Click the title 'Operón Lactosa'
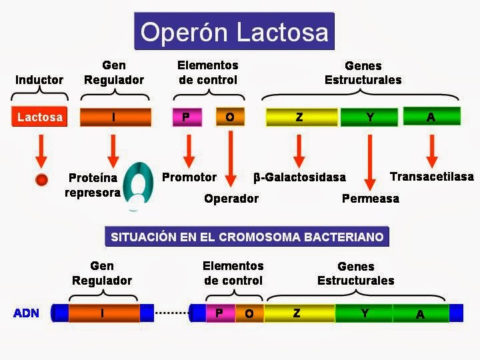235,31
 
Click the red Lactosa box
40,117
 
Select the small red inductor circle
41,179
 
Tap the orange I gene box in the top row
115,117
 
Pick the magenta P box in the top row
186,117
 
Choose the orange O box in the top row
229,117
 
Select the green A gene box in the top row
431,117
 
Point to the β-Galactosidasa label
299,177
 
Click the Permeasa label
370,198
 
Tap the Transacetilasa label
431,177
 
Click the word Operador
231,198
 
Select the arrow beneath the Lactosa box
41,150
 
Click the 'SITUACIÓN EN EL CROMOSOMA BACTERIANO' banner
247,237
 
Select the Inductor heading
39,80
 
